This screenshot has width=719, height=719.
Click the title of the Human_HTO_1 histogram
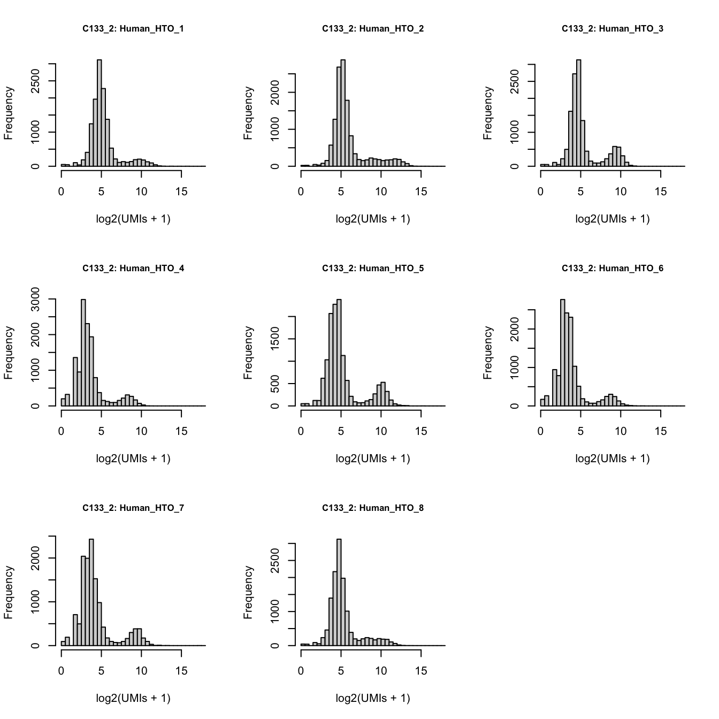point(133,29)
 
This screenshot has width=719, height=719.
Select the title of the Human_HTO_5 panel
point(372,269)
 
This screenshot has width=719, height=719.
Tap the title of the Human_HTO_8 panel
point(372,508)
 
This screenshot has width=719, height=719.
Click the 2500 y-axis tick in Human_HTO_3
point(515,81)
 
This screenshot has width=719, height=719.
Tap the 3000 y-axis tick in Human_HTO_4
point(36,299)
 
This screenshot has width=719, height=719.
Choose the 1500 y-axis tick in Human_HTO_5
point(276,339)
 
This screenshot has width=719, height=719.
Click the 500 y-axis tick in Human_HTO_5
point(276,384)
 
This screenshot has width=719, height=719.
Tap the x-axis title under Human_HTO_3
point(612,219)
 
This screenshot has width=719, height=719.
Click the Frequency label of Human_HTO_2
point(248,113)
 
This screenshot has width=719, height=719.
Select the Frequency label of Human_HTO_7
point(9,593)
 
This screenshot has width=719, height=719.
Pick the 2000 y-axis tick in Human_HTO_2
point(276,93)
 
